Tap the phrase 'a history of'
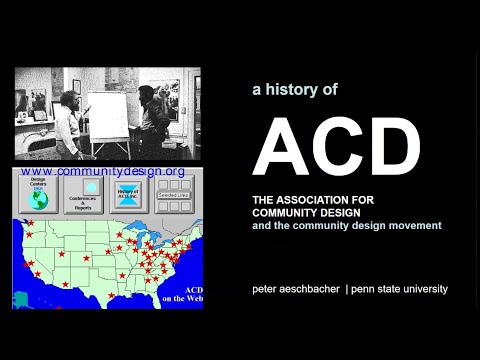[295, 89]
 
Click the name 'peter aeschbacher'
[295, 289]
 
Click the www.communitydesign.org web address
[102, 171]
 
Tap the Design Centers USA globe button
[38, 196]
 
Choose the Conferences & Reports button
[91, 196]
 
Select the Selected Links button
[175, 196]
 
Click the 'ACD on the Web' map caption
[185, 293]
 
